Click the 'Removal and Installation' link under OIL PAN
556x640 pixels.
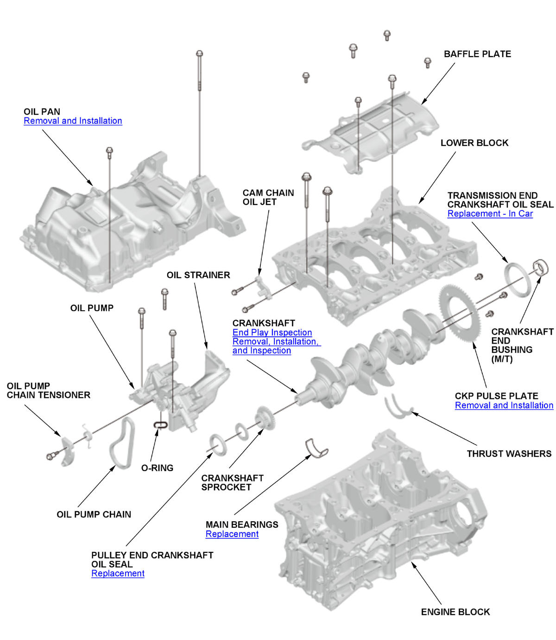[x=73, y=121]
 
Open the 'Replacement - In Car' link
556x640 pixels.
[x=490, y=214]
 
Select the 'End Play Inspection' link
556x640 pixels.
[x=272, y=333]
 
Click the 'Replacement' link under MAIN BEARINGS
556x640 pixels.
[x=232, y=534]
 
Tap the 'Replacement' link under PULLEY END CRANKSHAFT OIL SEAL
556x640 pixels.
[x=118, y=574]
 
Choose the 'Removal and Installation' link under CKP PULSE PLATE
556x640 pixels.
[x=504, y=405]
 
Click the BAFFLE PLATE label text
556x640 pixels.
[x=477, y=54]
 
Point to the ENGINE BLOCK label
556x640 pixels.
[x=455, y=612]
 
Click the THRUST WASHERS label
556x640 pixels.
[x=509, y=454]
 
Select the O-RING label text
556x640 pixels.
[x=157, y=468]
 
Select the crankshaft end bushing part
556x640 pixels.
[x=541, y=267]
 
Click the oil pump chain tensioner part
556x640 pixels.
[x=67, y=450]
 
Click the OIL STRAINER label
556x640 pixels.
[x=198, y=275]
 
